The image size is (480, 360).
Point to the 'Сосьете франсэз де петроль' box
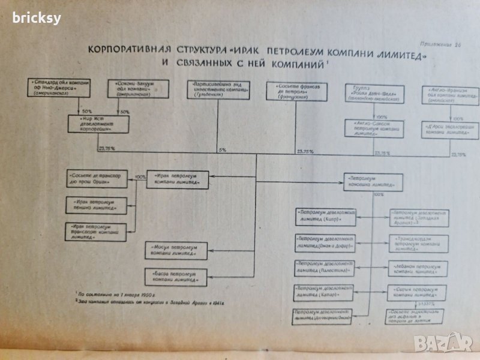[x=292, y=91]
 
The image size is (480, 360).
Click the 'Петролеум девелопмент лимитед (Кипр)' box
[x=325, y=216]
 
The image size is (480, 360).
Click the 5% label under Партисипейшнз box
[x=222, y=149]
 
